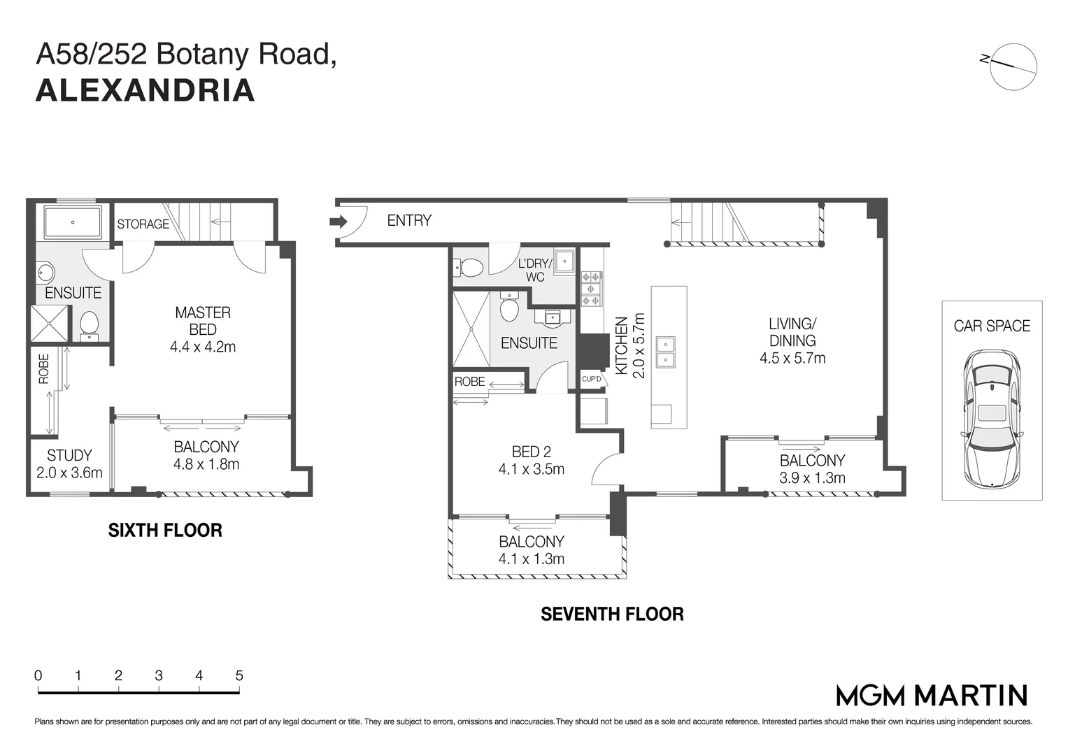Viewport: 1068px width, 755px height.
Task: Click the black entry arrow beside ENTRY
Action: [338, 222]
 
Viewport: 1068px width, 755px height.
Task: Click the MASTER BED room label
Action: [203, 321]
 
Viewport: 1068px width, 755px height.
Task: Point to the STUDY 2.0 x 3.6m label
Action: [69, 464]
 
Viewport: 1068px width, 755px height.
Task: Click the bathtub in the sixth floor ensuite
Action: [73, 222]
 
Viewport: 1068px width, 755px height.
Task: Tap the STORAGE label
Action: [143, 224]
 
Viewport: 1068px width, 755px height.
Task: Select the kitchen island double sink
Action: [665, 353]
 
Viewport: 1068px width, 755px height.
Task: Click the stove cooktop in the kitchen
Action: [592, 288]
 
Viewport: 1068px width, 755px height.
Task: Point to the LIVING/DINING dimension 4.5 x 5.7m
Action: [792, 359]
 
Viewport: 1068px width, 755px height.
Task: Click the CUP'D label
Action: [592, 380]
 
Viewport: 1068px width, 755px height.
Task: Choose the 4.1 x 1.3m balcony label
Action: [531, 550]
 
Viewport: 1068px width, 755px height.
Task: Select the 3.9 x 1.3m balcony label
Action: [812, 469]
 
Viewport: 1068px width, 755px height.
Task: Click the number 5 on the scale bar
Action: [239, 676]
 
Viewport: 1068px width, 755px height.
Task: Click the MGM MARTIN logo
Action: [932, 696]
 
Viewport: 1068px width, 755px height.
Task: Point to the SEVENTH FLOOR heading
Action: [612, 614]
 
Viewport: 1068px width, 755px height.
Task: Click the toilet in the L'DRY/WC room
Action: [471, 267]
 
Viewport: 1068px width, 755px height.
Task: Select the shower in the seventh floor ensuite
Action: [471, 329]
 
